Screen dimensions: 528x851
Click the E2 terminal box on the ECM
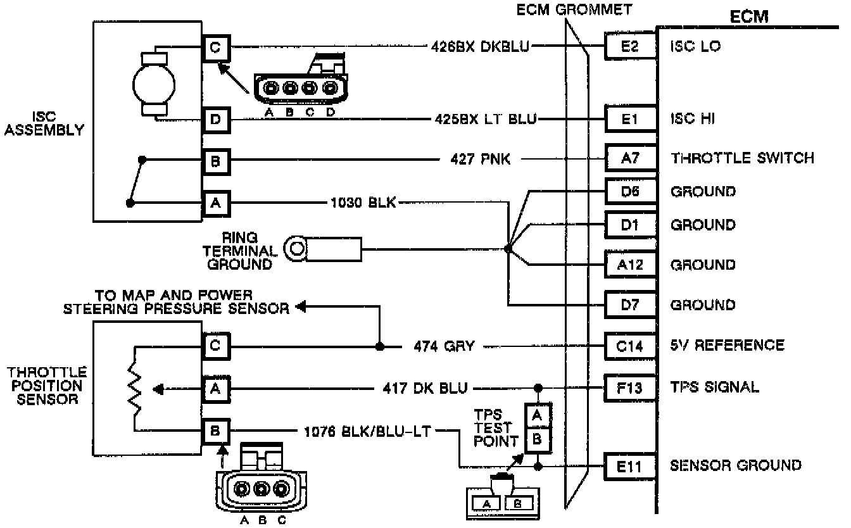[x=629, y=47]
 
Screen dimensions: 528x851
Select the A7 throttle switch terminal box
[x=629, y=157]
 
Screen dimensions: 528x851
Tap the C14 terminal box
[x=629, y=345]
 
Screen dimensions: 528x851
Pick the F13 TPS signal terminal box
[x=629, y=387]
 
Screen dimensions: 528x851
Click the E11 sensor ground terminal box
[x=629, y=466]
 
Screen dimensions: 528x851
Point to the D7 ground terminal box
[x=629, y=305]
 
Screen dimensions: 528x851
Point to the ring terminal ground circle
[x=296, y=248]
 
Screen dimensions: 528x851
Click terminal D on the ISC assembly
[x=215, y=118]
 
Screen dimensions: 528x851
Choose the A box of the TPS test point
[x=537, y=415]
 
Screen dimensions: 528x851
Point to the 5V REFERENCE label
[x=727, y=345]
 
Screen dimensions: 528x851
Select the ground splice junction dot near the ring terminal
[x=508, y=249]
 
